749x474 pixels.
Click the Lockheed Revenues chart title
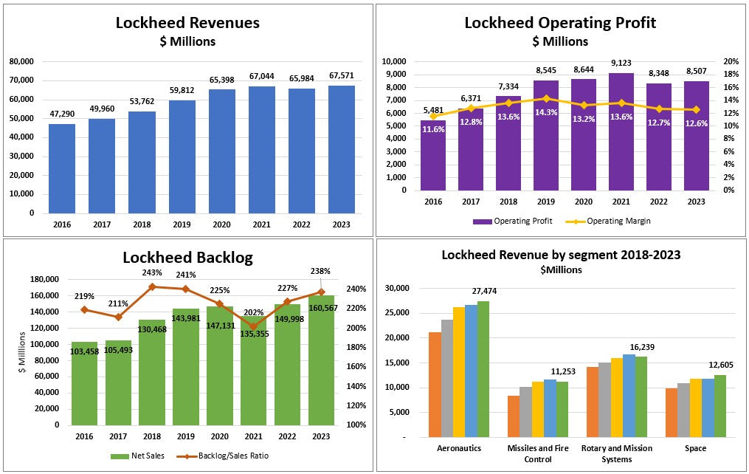[187, 23]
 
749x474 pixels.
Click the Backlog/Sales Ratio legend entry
[223, 456]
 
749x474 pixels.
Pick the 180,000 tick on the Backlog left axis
[44, 279]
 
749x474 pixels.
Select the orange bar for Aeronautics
[435, 385]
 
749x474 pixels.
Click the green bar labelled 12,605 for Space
[720, 406]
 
